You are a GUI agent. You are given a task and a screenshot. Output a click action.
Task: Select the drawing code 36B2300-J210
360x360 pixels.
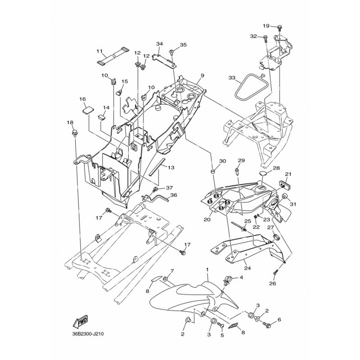point(88,333)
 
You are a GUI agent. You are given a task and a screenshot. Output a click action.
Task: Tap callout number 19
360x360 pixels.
point(266,26)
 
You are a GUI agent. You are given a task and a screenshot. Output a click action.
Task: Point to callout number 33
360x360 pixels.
point(232,78)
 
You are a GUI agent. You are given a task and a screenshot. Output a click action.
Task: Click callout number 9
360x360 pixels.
point(202,75)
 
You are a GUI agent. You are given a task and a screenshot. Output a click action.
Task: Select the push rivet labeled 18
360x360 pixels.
point(75,133)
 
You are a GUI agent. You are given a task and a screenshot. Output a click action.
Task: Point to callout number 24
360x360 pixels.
point(247,268)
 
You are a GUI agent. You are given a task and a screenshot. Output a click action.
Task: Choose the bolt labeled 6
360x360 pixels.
point(267,324)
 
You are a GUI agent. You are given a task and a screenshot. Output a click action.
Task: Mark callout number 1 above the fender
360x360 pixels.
point(207,269)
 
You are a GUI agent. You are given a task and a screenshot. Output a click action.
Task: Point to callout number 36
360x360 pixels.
point(174,195)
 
